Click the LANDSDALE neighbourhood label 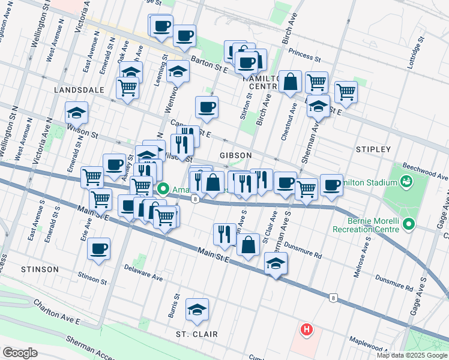pos(79,89)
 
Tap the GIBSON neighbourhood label pos(235,155)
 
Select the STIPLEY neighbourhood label pos(373,149)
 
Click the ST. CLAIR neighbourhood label pos(196,334)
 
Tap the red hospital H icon pos(307,329)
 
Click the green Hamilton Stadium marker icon pos(406,181)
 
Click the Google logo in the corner pos(20,353)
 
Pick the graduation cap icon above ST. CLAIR pos(197,310)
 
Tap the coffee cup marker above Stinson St pos(98,248)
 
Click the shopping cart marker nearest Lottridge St pos(346,92)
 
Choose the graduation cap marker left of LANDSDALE pos(76,112)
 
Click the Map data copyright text pos(412,355)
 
